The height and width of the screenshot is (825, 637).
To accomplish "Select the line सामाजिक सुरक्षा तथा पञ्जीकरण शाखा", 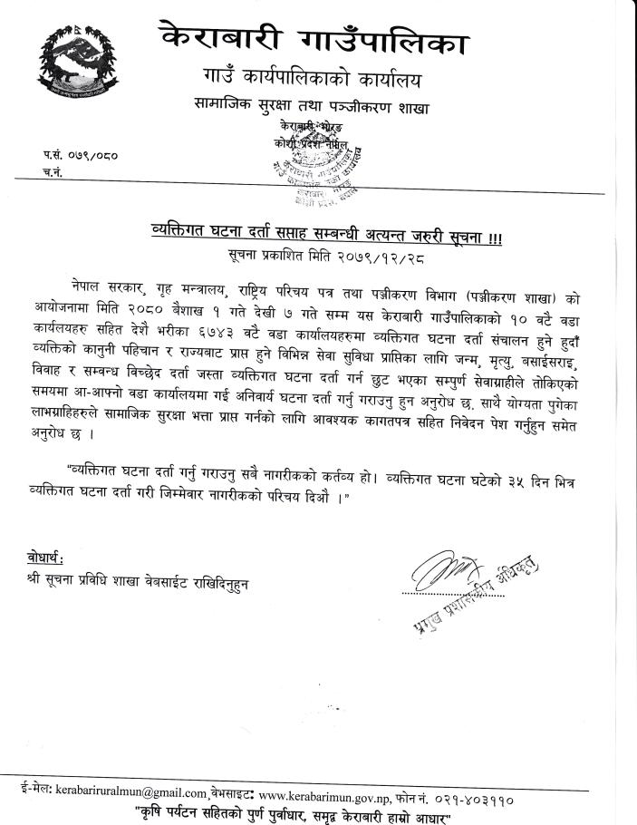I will tap(324, 107).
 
